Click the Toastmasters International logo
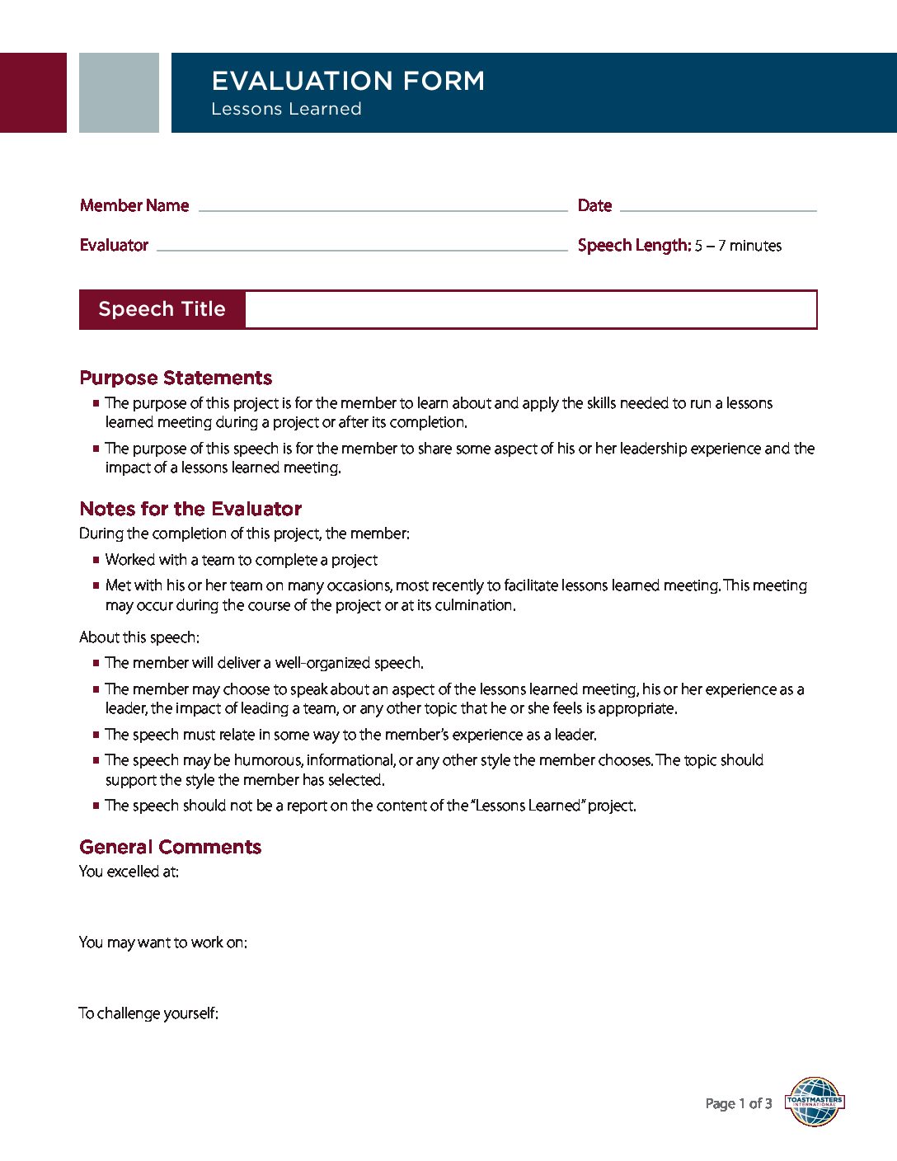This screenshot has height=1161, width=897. [x=815, y=1102]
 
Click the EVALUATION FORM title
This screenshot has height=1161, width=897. [x=348, y=81]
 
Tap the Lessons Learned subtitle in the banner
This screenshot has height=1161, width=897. [x=286, y=109]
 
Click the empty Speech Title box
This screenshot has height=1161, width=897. [x=531, y=309]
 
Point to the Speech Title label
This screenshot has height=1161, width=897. [x=162, y=309]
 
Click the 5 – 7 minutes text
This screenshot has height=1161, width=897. [x=738, y=246]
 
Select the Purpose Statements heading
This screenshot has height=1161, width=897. [x=176, y=378]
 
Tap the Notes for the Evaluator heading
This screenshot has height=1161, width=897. [x=190, y=509]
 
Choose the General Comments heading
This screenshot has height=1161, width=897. [x=170, y=847]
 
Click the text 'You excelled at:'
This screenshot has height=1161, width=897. [x=129, y=872]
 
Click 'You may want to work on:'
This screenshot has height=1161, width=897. [x=162, y=942]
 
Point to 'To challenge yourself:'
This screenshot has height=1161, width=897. [x=148, y=1013]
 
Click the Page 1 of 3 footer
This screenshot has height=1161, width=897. [x=739, y=1103]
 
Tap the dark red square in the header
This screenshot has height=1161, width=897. [x=33, y=92]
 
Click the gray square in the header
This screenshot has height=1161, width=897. [x=119, y=92]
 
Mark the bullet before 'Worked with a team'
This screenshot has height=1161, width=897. [x=96, y=560]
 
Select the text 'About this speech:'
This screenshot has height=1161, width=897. [x=139, y=637]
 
